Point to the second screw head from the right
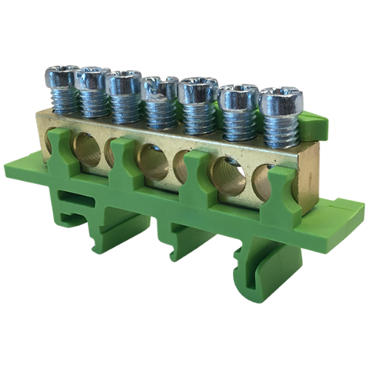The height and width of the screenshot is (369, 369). tap(237, 96)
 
